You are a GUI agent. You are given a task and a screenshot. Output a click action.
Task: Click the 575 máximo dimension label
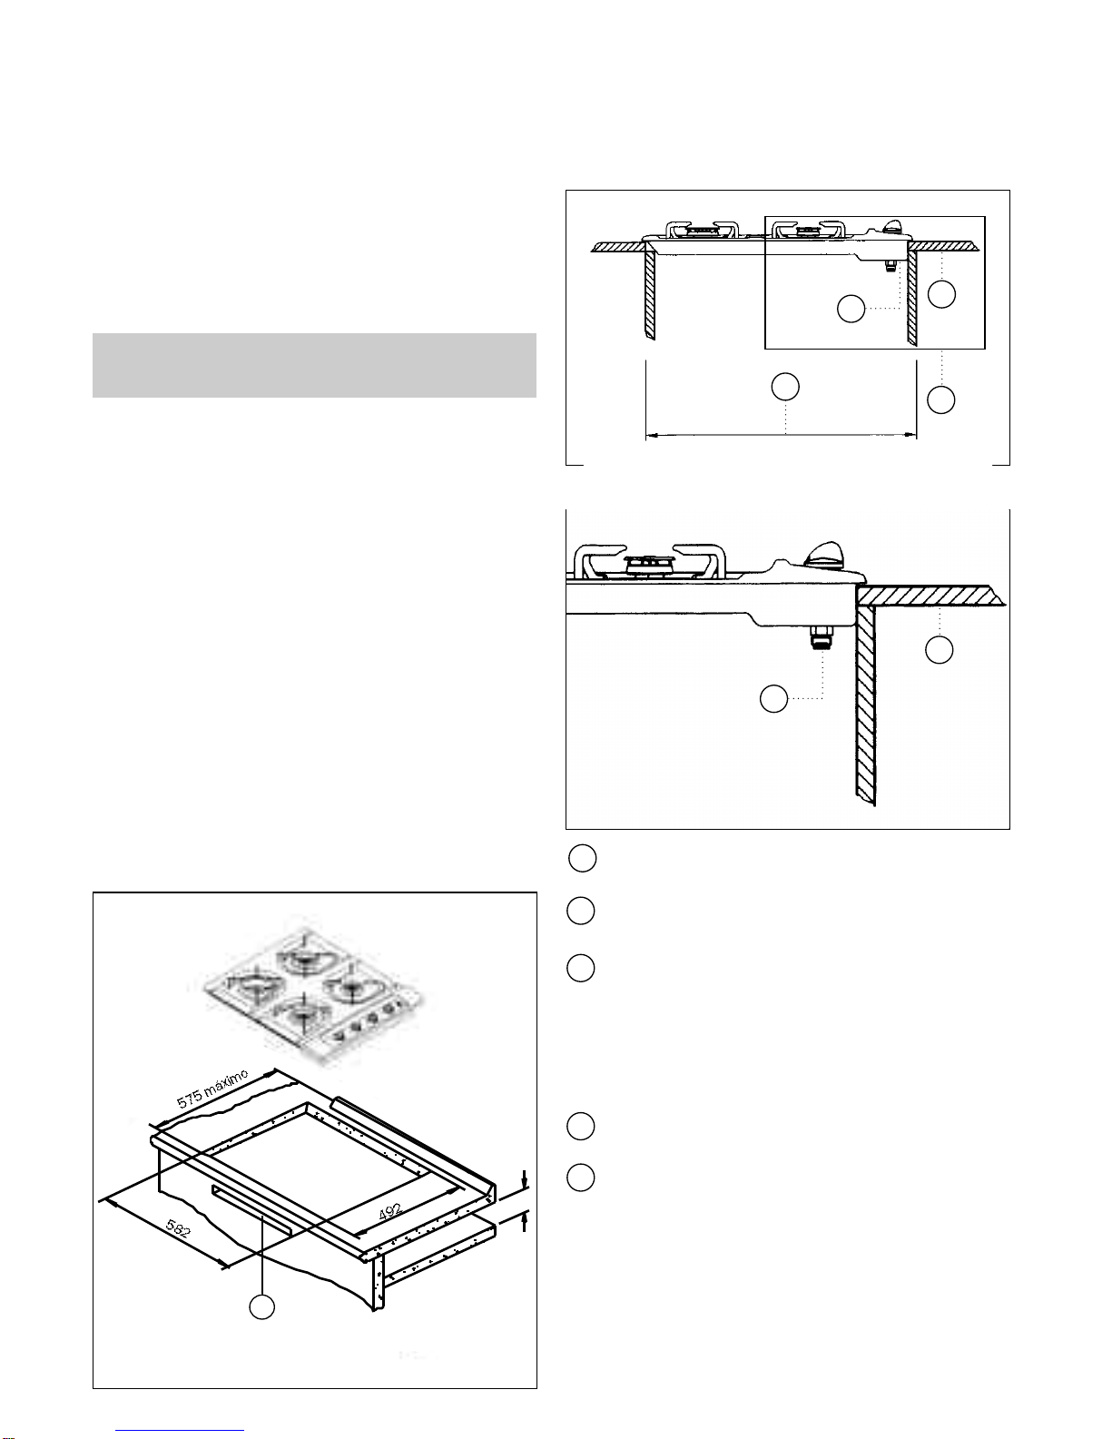tap(212, 1088)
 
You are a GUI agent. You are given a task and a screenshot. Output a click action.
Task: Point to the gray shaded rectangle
tap(314, 366)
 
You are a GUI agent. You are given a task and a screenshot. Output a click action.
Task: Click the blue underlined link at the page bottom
tap(180, 1431)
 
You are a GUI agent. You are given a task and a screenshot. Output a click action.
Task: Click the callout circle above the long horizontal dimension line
tap(785, 387)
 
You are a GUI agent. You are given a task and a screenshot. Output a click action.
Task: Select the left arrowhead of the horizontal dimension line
tap(652, 435)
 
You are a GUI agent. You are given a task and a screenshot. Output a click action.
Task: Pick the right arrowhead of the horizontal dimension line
tap(910, 435)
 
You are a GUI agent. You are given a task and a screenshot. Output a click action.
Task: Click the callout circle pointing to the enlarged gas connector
tap(773, 699)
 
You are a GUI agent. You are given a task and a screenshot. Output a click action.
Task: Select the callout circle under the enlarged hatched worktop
tap(939, 650)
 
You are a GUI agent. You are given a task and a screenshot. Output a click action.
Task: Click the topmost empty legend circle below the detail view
tap(583, 858)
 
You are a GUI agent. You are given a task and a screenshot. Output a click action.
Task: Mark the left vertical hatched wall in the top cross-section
tap(649, 291)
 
